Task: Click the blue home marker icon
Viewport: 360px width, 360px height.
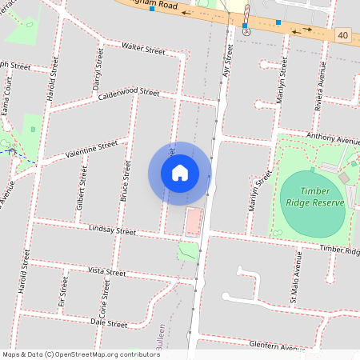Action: pos(180,173)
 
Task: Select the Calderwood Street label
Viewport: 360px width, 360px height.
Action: pos(129,93)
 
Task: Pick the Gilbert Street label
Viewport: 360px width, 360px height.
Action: pos(81,193)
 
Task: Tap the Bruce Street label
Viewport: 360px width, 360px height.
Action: pos(126,180)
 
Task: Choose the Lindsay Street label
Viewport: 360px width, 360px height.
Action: pos(114,230)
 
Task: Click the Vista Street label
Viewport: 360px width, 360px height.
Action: pos(106,273)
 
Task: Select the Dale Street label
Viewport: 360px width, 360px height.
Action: pos(110,324)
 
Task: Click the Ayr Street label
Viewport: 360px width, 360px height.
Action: pos(227,64)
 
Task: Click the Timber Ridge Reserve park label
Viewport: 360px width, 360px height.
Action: pos(323,197)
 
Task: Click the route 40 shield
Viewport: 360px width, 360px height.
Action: pos(342,34)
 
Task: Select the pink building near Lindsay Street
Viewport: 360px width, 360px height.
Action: pos(193,223)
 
